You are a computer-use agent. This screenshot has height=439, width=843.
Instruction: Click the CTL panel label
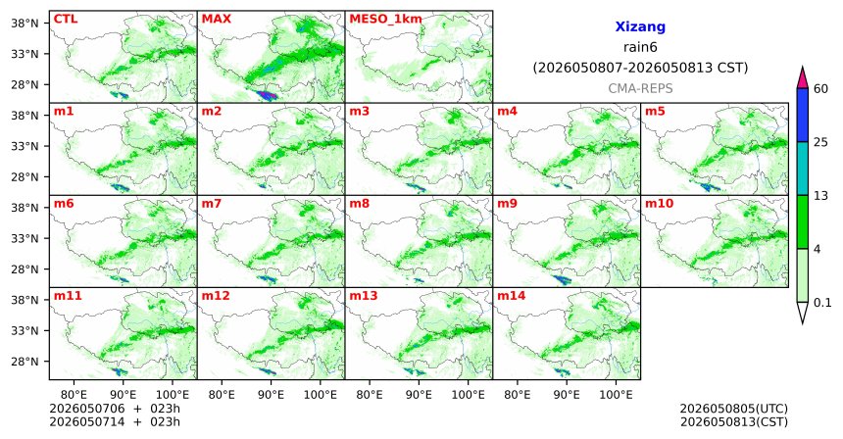point(66,19)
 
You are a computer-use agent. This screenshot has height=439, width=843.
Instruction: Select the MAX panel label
point(216,19)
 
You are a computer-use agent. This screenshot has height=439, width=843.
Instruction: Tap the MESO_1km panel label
point(385,20)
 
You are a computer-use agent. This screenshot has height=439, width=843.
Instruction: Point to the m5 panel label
point(655,112)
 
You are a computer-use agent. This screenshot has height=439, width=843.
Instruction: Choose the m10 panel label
point(659,204)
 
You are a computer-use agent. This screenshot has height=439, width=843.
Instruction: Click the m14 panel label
point(512,296)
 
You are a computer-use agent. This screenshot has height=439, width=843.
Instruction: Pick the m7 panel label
point(212,204)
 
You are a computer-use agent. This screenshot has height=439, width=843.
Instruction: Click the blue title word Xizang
point(640,26)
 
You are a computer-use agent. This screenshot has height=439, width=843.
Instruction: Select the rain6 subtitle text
point(640,47)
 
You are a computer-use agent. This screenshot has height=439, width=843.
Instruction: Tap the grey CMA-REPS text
point(640,88)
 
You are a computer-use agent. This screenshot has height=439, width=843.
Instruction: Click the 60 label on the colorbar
point(820,88)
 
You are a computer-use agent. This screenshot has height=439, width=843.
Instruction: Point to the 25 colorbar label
point(820,142)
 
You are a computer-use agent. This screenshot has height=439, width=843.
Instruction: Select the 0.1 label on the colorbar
point(822,303)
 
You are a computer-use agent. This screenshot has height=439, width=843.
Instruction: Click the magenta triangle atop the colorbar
point(803,78)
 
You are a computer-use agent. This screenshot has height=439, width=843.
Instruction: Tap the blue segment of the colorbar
point(803,115)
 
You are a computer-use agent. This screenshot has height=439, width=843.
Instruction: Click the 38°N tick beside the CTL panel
point(25,24)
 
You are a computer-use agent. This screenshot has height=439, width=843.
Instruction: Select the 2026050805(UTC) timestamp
point(734,409)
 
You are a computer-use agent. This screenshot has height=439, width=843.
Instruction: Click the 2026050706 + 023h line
point(115,409)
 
